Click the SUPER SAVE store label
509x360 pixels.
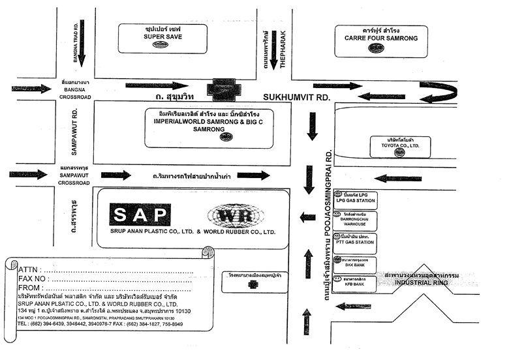(162, 37)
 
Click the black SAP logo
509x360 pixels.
(140, 215)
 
